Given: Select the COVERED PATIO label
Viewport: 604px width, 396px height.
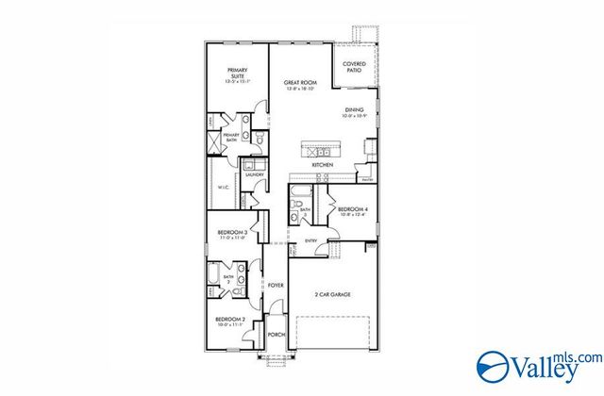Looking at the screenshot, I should tap(354, 68).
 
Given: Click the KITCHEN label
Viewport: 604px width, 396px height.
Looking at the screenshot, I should tap(323, 165).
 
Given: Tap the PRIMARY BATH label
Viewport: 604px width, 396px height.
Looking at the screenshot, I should tap(231, 138).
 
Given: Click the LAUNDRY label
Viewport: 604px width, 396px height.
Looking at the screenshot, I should tap(254, 174).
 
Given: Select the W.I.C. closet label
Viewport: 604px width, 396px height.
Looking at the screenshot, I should tap(225, 187).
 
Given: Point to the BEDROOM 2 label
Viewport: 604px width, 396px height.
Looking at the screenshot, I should tap(232, 320).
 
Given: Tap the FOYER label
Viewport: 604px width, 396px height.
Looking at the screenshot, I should tap(276, 285).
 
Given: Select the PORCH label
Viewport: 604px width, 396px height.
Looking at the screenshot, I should tap(277, 334).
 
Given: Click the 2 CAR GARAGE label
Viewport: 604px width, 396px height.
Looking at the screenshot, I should tap(332, 295).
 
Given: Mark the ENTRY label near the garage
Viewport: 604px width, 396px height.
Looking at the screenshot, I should tap(310, 240).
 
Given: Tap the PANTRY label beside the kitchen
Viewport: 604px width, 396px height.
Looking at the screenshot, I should tap(369, 178).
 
